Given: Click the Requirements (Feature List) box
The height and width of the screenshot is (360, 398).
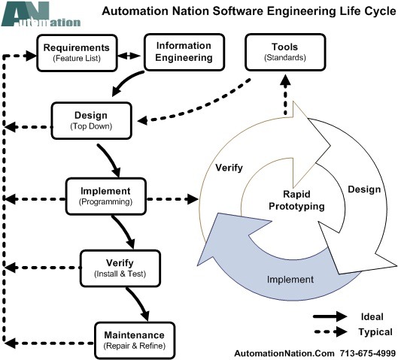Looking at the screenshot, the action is (77, 53).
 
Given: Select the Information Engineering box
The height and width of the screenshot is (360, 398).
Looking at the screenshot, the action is (184, 52).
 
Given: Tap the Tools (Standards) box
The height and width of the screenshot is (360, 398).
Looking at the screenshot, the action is (285, 52).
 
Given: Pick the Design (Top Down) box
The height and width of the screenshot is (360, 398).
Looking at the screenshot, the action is (91, 121).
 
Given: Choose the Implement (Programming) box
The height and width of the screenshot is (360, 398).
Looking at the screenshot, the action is (106, 196).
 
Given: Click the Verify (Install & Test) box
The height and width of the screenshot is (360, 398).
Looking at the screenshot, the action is (120, 268).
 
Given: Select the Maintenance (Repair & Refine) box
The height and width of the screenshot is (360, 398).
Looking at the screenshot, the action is (135, 340).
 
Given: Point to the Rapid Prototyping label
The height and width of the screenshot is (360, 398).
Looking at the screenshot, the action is (296, 200).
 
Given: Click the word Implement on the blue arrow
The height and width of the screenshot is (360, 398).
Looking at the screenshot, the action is (290, 280).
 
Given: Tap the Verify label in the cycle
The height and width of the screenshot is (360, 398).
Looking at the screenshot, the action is (229, 168).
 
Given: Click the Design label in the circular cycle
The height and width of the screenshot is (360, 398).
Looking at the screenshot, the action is (364, 189).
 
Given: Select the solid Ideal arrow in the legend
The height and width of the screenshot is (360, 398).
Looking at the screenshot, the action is (330, 316).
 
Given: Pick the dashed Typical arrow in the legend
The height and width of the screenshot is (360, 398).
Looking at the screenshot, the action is (330, 331).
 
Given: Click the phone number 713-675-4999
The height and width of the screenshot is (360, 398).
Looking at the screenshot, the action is (368, 353).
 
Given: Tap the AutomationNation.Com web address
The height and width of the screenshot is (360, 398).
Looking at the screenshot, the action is (284, 353).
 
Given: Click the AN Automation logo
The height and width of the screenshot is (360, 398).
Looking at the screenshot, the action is (41, 14).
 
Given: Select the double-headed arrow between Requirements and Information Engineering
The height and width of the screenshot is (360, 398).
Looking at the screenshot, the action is (129, 56).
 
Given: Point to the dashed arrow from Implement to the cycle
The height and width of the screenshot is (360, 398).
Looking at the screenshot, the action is (172, 199).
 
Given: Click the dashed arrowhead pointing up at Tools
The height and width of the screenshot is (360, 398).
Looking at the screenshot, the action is (286, 80).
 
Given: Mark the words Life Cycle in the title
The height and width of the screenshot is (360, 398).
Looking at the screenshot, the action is (368, 11).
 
